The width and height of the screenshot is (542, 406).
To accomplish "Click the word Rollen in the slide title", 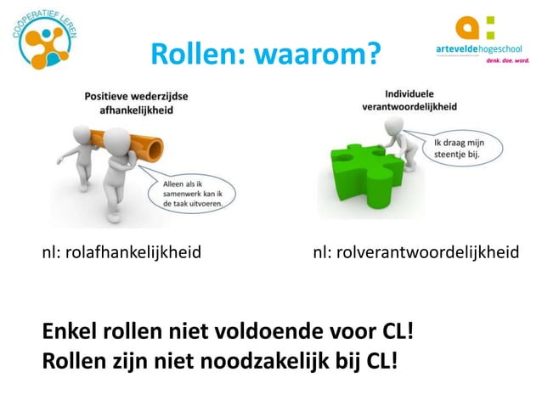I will tap(192, 56).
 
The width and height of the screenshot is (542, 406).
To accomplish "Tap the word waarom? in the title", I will tap(309, 56).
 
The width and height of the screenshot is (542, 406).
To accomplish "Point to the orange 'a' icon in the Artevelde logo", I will tap(469, 27).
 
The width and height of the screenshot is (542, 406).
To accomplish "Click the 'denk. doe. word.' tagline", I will tap(507, 61).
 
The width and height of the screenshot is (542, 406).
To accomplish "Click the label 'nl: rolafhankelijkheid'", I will tap(122, 252).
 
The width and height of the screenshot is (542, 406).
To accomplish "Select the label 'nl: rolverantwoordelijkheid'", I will tap(415, 252).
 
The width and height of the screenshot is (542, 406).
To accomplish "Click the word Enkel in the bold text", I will tap(70, 330).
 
